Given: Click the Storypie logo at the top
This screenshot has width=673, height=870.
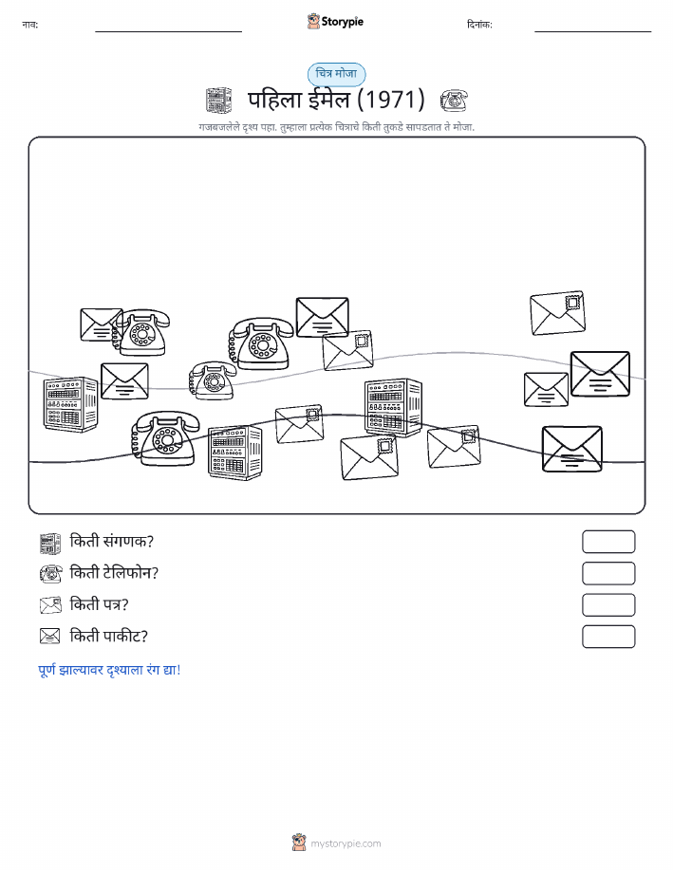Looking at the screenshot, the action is click(335, 22).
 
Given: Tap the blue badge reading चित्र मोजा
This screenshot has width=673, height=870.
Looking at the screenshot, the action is click(336, 74).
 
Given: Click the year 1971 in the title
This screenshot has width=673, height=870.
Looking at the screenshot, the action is click(390, 100).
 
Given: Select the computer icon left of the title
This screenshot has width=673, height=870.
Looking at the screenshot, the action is click(218, 101).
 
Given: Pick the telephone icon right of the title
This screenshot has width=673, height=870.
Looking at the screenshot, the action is click(454, 101).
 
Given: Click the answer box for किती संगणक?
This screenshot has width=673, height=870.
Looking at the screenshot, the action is click(608, 542).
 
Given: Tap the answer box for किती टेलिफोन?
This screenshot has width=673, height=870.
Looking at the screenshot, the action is click(608, 573).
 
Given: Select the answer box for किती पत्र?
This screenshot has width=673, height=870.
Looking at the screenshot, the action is click(608, 604).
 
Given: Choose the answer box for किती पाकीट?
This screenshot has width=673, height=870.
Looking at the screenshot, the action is click(608, 637).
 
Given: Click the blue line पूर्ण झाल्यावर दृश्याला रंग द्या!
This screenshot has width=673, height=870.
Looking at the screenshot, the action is click(109, 670).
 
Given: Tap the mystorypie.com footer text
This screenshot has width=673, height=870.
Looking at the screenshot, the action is click(346, 843).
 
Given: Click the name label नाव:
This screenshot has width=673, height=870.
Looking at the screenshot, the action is click(30, 25).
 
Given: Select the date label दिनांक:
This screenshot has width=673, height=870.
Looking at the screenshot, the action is click(479, 25).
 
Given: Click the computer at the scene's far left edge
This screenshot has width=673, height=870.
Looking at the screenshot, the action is click(71, 404).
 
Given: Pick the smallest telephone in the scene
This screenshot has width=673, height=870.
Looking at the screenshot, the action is click(212, 380).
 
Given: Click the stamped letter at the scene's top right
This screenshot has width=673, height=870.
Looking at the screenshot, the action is click(557, 313).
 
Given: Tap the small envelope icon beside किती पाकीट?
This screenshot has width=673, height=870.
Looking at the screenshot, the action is click(50, 636).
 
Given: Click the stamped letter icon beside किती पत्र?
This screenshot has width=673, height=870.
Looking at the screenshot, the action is click(50, 604).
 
